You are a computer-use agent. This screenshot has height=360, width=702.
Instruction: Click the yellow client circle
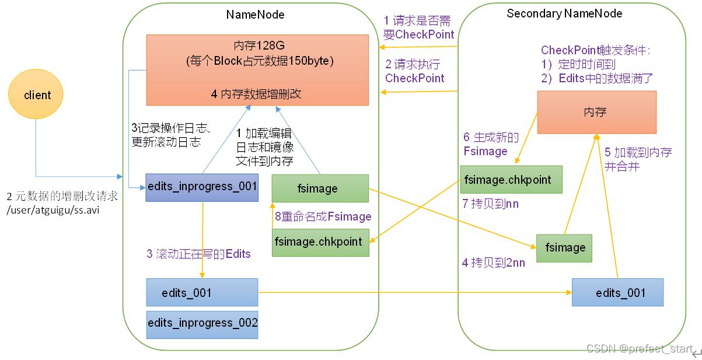pyautogui.click(x=37, y=95)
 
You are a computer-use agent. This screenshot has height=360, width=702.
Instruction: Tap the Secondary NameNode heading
pyautogui.click(x=564, y=13)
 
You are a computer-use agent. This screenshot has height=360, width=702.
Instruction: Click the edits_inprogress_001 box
pyautogui.click(x=202, y=187)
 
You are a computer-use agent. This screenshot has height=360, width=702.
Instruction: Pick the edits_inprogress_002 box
pyautogui.click(x=202, y=323)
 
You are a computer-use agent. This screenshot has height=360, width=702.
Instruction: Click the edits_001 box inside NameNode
pyautogui.click(x=202, y=292)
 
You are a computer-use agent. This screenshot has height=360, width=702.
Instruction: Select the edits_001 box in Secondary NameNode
pyautogui.click(x=617, y=292)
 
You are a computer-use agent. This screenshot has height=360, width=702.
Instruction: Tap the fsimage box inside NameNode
pyautogui.click(x=320, y=188)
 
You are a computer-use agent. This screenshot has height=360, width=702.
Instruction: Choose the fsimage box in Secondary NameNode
pyautogui.click(x=564, y=248)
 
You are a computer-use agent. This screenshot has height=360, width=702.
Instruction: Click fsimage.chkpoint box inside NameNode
pyautogui.click(x=320, y=242)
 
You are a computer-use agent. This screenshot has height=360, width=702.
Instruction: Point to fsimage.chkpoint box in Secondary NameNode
pyautogui.click(x=511, y=179)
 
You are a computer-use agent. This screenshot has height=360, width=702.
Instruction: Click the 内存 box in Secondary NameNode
pyautogui.click(x=596, y=112)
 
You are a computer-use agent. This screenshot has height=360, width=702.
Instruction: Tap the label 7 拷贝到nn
pyautogui.click(x=490, y=204)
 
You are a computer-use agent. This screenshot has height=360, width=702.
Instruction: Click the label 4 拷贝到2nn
pyautogui.click(x=493, y=263)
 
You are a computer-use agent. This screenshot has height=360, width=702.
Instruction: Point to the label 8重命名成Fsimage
pyautogui.click(x=323, y=216)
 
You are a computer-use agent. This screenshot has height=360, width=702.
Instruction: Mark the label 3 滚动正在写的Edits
pyautogui.click(x=198, y=254)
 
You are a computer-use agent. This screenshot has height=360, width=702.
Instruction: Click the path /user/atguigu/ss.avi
pyautogui.click(x=53, y=210)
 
